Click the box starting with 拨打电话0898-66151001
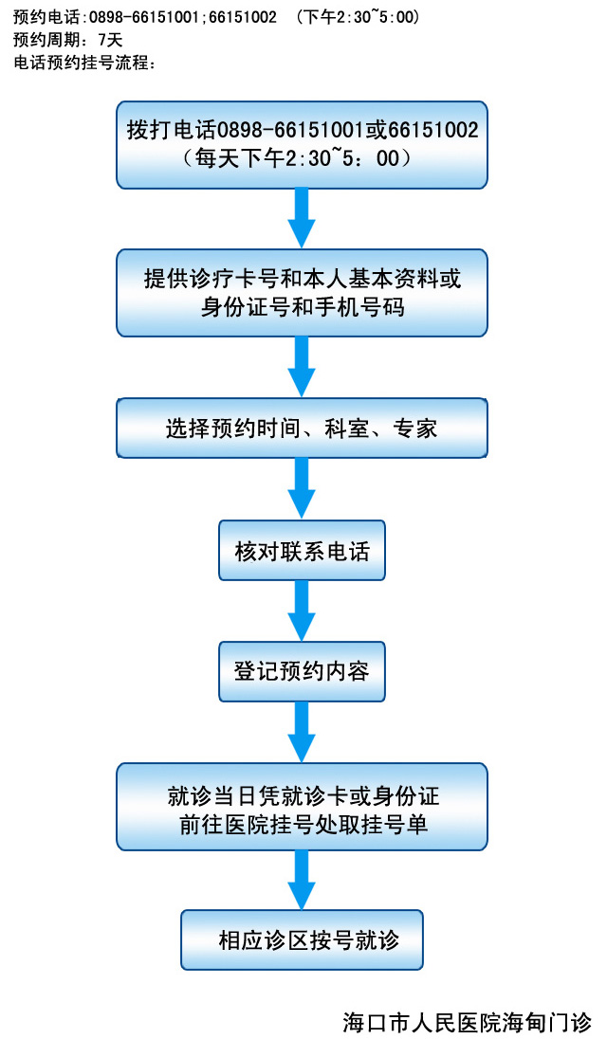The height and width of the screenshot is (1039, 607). tap(302, 144)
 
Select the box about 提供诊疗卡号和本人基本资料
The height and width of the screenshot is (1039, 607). tap(302, 292)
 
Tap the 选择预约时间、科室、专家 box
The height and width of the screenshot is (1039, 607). tap(302, 428)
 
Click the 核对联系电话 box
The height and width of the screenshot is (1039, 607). tap(302, 551)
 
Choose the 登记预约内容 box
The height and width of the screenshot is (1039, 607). tap(302, 672)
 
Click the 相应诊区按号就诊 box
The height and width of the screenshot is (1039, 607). tap(302, 940)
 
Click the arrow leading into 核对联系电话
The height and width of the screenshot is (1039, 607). tap(302, 488)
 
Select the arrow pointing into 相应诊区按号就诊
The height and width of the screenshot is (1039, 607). tap(302, 880)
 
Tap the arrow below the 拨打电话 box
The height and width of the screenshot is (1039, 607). tap(302, 219)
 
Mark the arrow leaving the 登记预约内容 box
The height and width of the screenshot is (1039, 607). tap(302, 733)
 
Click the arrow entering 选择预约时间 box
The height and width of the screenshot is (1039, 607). tap(302, 367)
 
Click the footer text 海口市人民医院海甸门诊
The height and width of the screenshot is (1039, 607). tap(467, 1023)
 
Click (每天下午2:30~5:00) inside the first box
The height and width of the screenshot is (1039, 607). tap(302, 158)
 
